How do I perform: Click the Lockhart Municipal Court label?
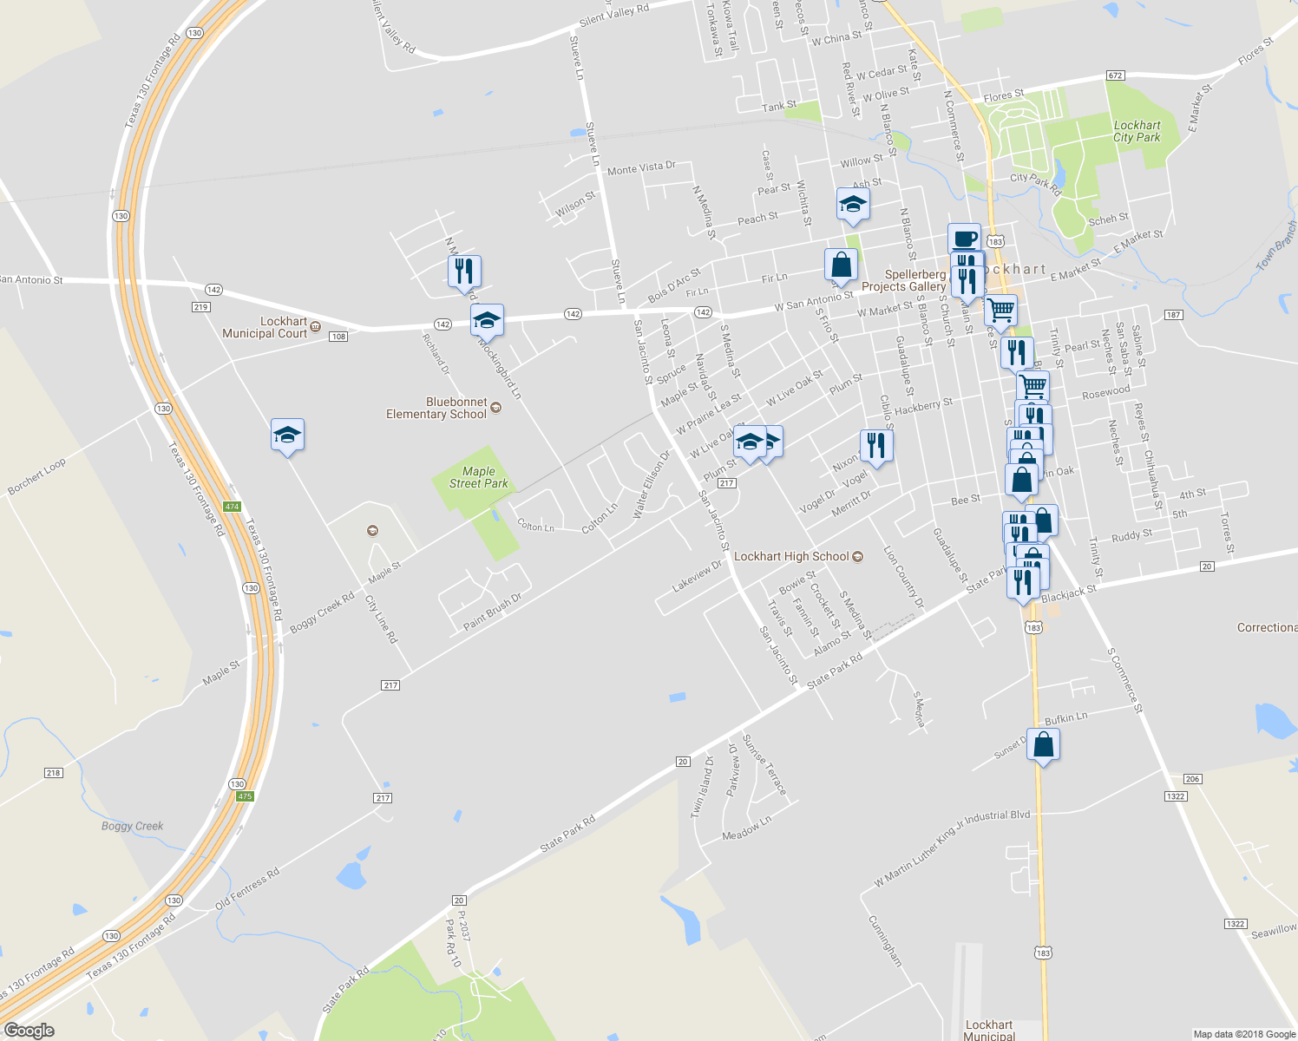tap(265, 327)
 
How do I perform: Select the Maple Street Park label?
tap(478, 477)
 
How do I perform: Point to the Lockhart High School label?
tap(791, 556)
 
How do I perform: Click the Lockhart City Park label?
tap(1137, 131)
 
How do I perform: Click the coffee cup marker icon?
tap(964, 238)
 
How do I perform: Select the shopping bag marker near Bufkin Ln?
tap(1043, 744)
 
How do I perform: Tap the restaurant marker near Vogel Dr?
tap(876, 446)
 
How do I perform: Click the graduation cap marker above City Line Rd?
tap(287, 435)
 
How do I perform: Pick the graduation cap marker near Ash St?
tap(853, 204)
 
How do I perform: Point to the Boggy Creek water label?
tap(132, 826)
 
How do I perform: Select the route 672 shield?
tap(1116, 75)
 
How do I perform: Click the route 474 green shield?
tap(231, 507)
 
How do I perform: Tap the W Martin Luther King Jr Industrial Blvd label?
tap(952, 849)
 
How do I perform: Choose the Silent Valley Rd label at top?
tap(613, 15)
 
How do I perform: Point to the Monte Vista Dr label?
tap(641, 168)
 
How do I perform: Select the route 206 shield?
tap(1193, 779)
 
